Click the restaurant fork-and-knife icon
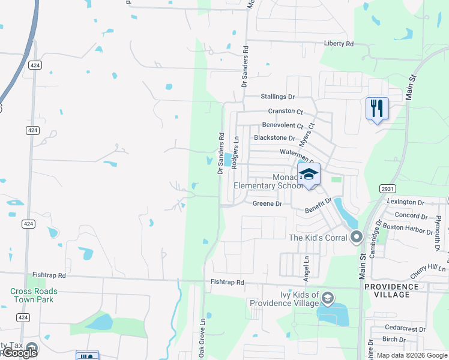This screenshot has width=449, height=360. point(377,109)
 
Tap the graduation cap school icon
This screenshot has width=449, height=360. point(309,175)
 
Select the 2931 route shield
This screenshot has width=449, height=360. point(387,188)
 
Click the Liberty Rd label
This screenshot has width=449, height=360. point(339,44)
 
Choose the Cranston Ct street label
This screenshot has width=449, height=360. point(286,111)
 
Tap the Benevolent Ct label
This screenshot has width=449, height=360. point(283,125)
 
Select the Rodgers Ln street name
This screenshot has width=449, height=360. point(236,151)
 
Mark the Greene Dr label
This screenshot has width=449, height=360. point(267,204)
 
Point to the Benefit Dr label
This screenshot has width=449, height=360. point(318,206)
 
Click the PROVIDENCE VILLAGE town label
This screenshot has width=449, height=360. point(391,291)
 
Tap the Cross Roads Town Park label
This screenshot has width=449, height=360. point(34,295)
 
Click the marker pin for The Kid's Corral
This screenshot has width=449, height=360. point(357,237)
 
